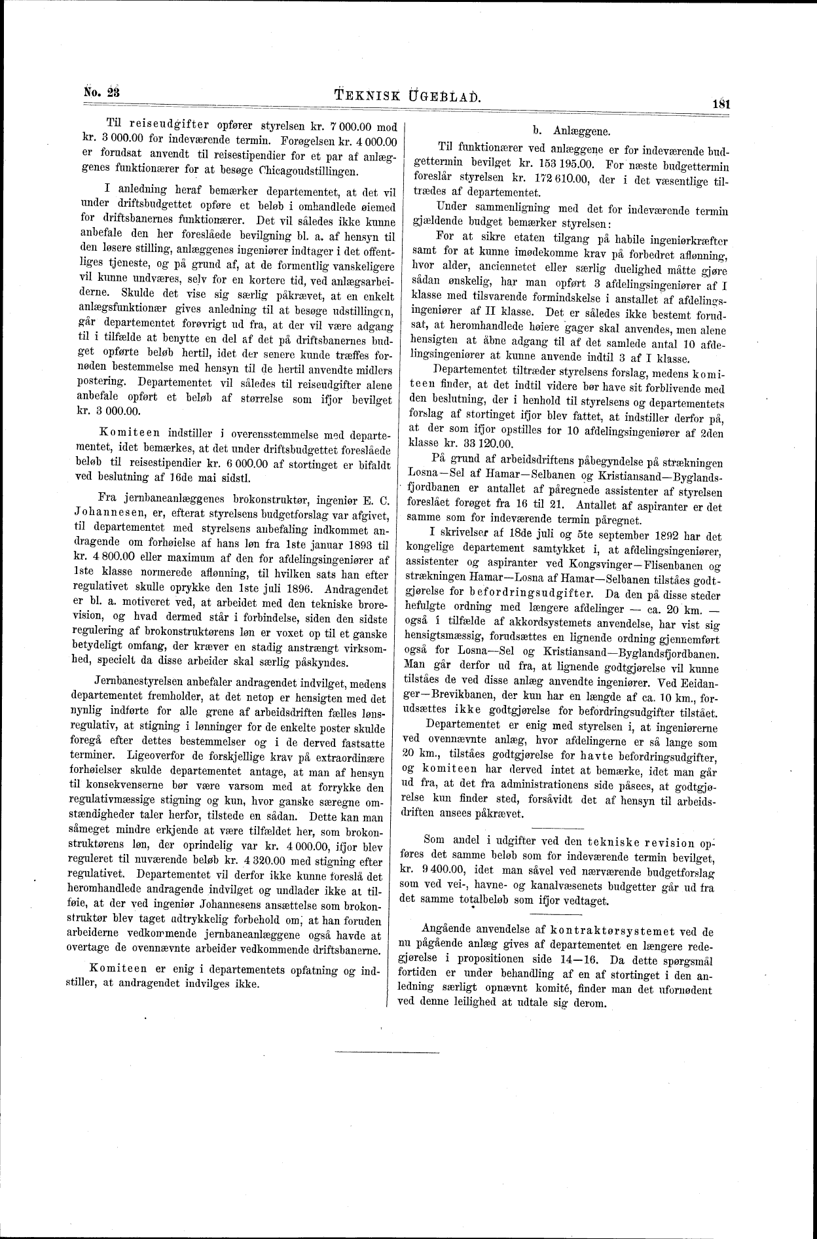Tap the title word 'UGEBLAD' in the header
[x=443, y=97]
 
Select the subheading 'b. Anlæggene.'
[x=572, y=131]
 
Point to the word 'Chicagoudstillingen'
[x=309, y=172]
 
